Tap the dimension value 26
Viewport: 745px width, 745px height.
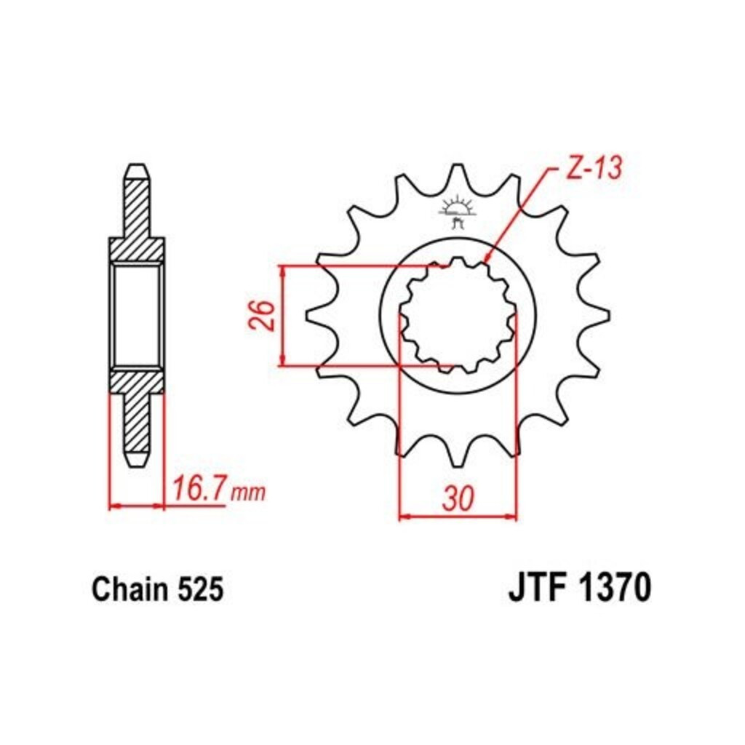tap(262, 315)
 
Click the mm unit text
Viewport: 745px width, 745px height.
tap(247, 493)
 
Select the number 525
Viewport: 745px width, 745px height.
tap(200, 590)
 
